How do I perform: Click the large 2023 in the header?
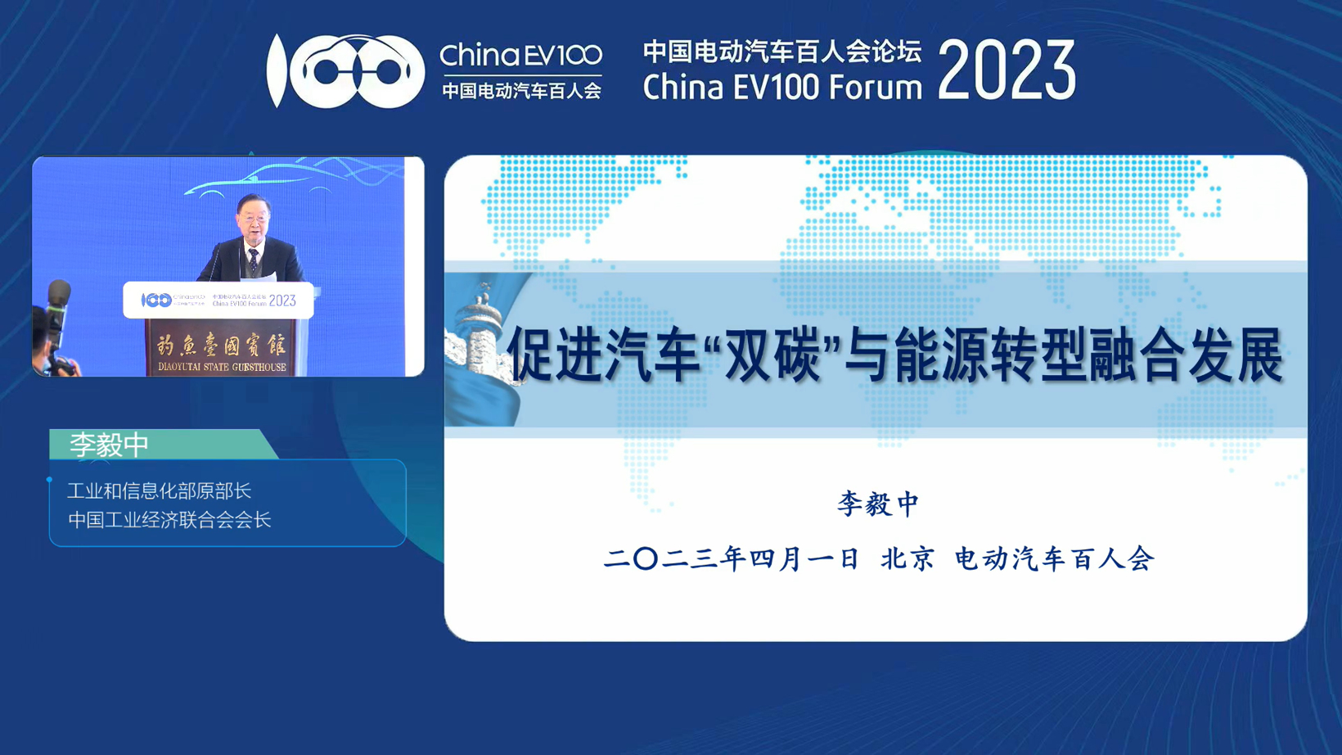tap(1006, 70)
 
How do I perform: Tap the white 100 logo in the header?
tap(345, 70)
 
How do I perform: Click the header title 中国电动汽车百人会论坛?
tap(781, 52)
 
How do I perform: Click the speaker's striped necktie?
tap(254, 261)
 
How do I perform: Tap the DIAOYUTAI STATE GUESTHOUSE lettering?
tap(223, 366)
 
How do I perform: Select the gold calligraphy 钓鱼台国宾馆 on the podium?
tap(222, 345)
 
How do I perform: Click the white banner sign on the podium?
tap(218, 300)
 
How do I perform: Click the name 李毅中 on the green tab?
tap(109, 445)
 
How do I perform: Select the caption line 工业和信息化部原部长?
tap(159, 491)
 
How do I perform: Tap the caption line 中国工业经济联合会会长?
tap(169, 519)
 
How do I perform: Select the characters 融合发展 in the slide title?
tap(1187, 355)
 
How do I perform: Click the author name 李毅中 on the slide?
tap(878, 504)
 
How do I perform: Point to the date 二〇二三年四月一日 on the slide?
tap(731, 559)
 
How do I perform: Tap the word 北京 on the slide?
tap(907, 559)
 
